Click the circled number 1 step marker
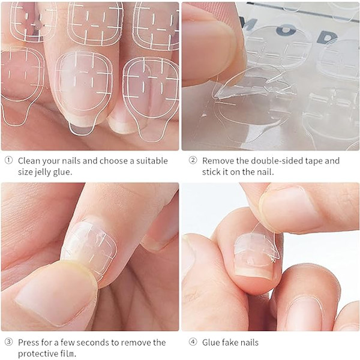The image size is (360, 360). pos(9,160)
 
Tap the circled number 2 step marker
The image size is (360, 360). pos(193,160)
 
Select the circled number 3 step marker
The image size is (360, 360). pos(9,342)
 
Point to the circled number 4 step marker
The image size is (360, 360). pos(193,342)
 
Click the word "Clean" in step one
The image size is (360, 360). pos(29,161)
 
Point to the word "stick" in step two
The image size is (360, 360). pos(211,172)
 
